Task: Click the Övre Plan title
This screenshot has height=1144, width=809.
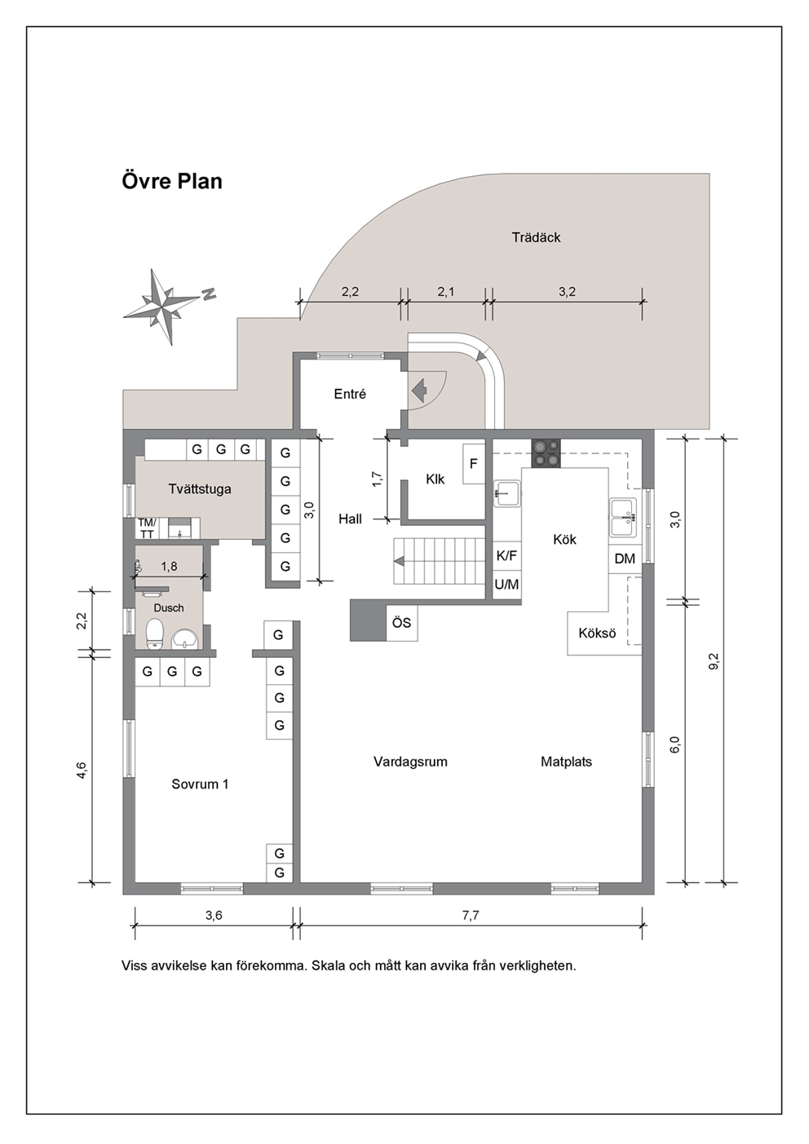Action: pos(172,181)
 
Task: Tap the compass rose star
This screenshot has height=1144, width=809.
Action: pos(162,307)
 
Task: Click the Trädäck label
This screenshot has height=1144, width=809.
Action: pos(537,237)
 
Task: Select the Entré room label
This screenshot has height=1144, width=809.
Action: pos(350,394)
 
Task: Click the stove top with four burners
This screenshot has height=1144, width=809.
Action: pos(546,453)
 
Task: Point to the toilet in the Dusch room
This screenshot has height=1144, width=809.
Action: pos(155,634)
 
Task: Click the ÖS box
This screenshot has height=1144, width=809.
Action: pos(402,623)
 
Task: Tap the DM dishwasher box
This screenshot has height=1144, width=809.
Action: pos(625,559)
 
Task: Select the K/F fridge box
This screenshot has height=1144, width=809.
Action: pos(506,555)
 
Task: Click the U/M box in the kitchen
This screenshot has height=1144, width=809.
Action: pos(506,585)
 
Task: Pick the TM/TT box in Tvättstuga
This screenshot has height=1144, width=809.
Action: pos(147,528)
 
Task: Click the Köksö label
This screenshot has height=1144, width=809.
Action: pos(597,634)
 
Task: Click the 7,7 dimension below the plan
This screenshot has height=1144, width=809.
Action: pos(471,915)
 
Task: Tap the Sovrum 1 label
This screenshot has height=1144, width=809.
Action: pos(200,784)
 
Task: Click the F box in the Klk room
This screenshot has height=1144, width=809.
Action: pos(474,464)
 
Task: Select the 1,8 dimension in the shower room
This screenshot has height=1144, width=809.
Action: pos(169,567)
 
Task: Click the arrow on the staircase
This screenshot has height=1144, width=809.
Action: pos(400,561)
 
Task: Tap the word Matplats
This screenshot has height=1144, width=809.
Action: pos(567,762)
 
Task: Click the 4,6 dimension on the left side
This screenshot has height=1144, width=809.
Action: pos(82,771)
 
